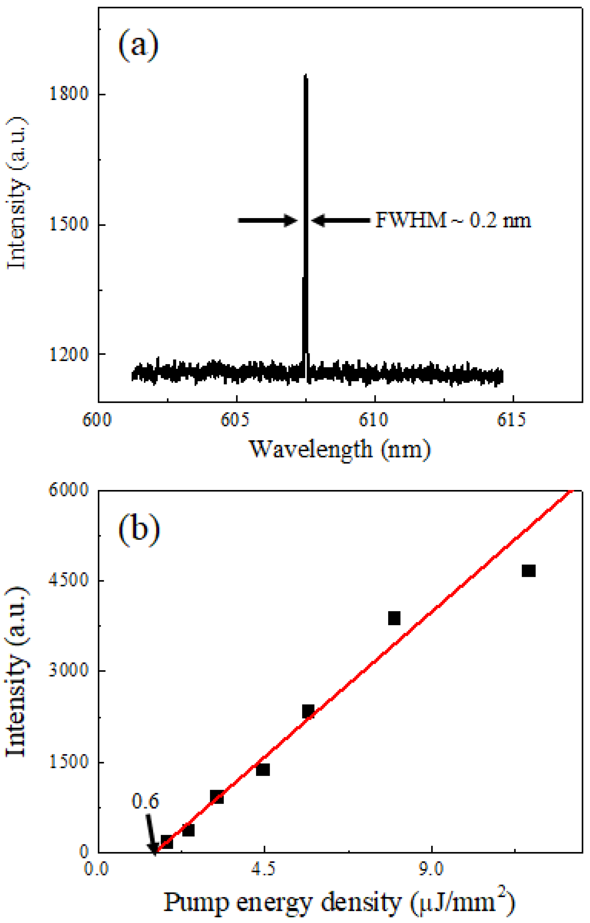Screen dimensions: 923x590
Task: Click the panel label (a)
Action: coord(138,47)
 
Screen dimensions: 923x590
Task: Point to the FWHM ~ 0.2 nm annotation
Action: coord(453,221)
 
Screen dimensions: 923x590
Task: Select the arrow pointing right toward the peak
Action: coord(268,221)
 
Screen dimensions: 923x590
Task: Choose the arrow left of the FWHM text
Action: coord(340,221)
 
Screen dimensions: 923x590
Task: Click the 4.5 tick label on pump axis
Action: coord(264,868)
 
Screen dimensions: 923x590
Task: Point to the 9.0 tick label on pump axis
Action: coord(432,868)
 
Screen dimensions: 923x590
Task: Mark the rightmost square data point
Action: coord(528,571)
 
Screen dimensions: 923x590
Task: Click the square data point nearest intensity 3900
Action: coord(394,618)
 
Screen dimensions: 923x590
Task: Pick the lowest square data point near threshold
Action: coord(167,842)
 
